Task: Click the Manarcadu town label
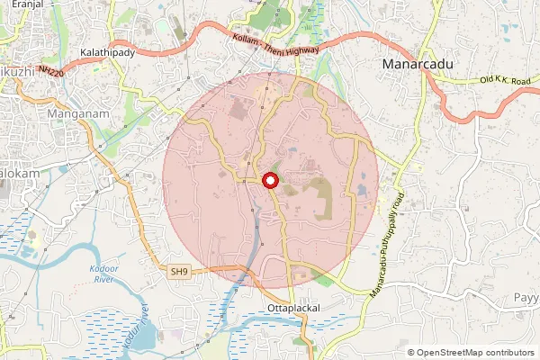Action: click(x=420, y=65)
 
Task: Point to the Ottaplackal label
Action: click(x=294, y=308)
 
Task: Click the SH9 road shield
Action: click(x=180, y=270)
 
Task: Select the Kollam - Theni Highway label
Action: click(x=274, y=47)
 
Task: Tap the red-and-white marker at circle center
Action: click(x=269, y=181)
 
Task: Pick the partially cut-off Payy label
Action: click(x=526, y=298)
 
